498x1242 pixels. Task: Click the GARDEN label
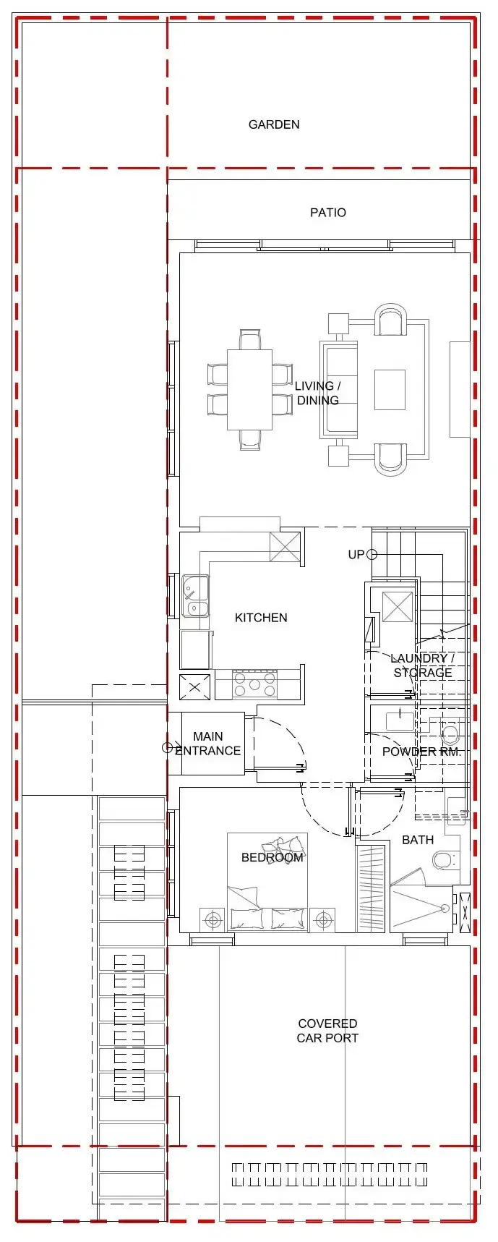coord(274,124)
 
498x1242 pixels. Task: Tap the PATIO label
coord(328,213)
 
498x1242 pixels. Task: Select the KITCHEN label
coord(261,618)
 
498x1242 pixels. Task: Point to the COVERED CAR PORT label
coord(328,1031)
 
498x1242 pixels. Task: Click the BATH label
coord(418,840)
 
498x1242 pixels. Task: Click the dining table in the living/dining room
coord(250,390)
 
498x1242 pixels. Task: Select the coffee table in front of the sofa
coord(390,390)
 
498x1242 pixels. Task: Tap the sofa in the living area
coord(339,390)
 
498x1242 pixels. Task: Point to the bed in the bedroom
coord(267,882)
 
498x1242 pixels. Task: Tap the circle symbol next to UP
coord(372,555)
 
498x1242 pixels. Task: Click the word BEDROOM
coord(272,858)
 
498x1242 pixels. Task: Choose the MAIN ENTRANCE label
coord(208,744)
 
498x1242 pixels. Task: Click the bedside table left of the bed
coord(213,920)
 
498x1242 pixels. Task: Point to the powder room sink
coord(400,721)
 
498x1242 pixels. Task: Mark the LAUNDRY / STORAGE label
coord(423,665)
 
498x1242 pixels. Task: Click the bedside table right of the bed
coord(322,920)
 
